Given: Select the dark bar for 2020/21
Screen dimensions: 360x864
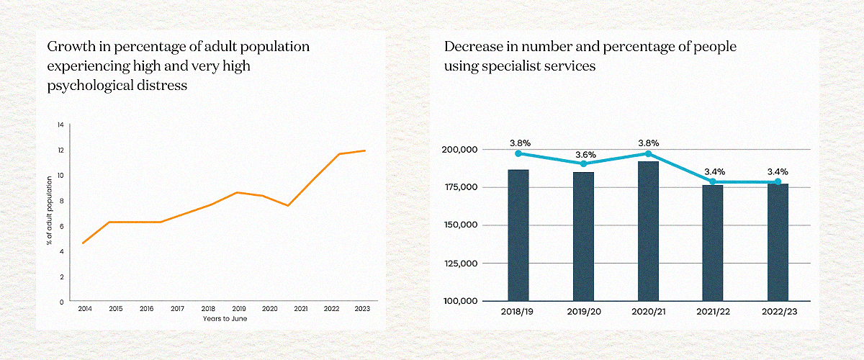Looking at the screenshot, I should point(648,230).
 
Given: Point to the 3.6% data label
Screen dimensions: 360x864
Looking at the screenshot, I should point(583,154).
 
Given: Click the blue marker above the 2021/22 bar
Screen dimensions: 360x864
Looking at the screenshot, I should point(713,181).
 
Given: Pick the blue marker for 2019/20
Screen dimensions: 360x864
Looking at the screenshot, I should point(583,164).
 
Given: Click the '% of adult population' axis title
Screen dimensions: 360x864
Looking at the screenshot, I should point(49,214).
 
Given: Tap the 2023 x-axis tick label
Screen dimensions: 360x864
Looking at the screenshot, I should point(363,308).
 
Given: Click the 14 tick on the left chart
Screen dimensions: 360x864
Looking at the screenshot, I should point(60,125).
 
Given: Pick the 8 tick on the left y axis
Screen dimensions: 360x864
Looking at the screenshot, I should point(61,201).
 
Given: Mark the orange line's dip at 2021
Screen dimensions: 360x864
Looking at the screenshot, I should point(288,206).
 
